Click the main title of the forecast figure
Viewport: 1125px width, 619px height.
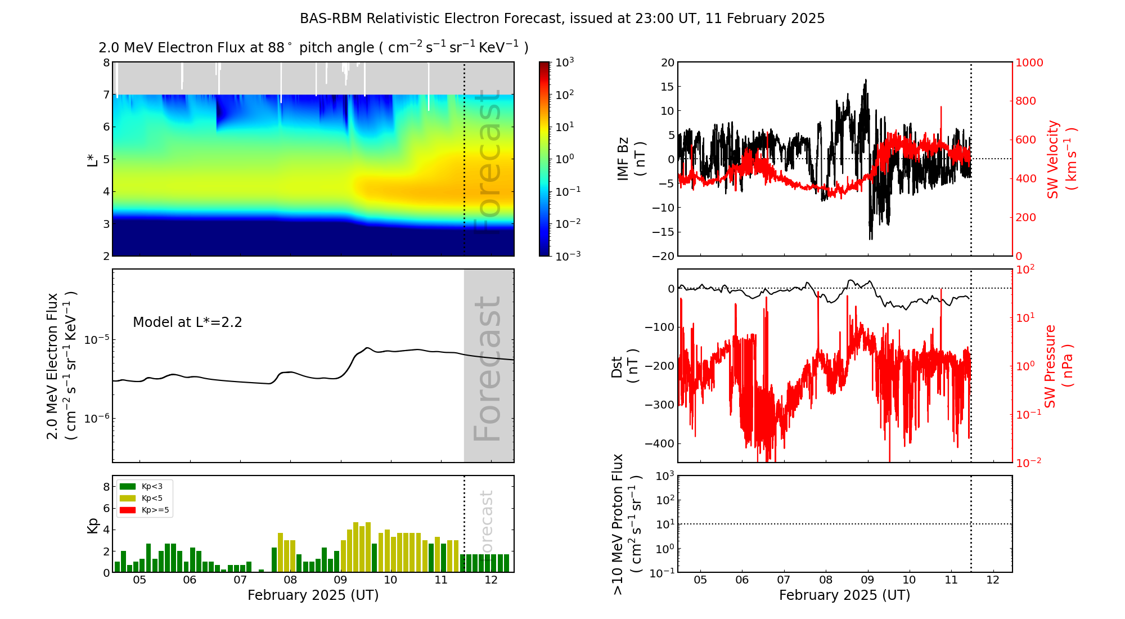(x=562, y=19)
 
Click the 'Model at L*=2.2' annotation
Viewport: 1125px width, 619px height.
(x=187, y=322)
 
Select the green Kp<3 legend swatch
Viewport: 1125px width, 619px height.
(x=128, y=486)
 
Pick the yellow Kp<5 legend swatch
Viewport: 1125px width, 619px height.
(x=128, y=498)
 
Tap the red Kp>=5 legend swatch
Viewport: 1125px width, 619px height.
(x=128, y=510)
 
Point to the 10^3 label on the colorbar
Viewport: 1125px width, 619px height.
(x=564, y=62)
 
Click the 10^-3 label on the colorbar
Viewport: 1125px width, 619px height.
(x=567, y=255)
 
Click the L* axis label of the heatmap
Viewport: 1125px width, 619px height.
(x=92, y=159)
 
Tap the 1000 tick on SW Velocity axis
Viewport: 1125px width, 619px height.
(x=1029, y=62)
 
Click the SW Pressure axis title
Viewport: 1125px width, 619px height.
(x=1058, y=366)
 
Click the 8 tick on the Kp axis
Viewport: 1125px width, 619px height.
(x=106, y=487)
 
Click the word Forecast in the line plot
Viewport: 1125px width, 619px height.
(x=487, y=369)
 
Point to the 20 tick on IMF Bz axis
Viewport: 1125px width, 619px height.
(x=667, y=62)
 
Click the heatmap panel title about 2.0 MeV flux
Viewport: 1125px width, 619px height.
(x=313, y=48)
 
